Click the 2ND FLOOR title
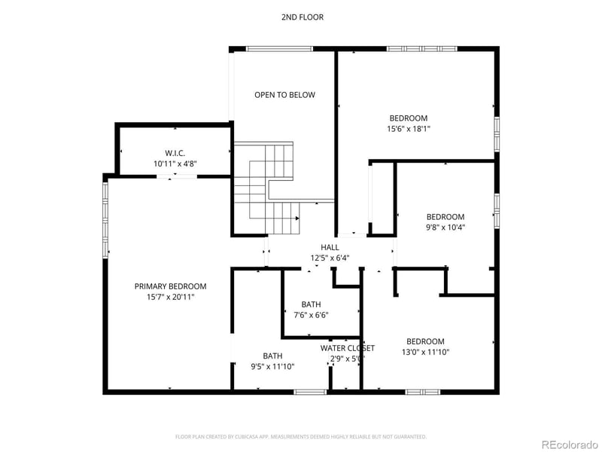pyautogui.click(x=303, y=17)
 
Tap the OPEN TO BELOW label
pyautogui.click(x=284, y=95)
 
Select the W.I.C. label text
pyautogui.click(x=175, y=153)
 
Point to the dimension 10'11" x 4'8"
pyautogui.click(x=175, y=163)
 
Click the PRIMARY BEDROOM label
pyautogui.click(x=170, y=286)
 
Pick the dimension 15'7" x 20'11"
pyautogui.click(x=170, y=298)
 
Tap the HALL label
pyautogui.click(x=330, y=247)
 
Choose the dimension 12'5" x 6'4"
pyautogui.click(x=330, y=258)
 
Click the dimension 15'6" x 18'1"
pyautogui.click(x=409, y=129)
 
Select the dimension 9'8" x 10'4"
pyautogui.click(x=445, y=227)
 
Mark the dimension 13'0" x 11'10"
pyautogui.click(x=425, y=352)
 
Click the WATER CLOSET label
pyautogui.click(x=347, y=348)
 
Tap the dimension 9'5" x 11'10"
pyautogui.click(x=272, y=367)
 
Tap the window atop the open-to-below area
pyautogui.click(x=279, y=49)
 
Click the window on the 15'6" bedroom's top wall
pyautogui.click(x=421, y=49)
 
